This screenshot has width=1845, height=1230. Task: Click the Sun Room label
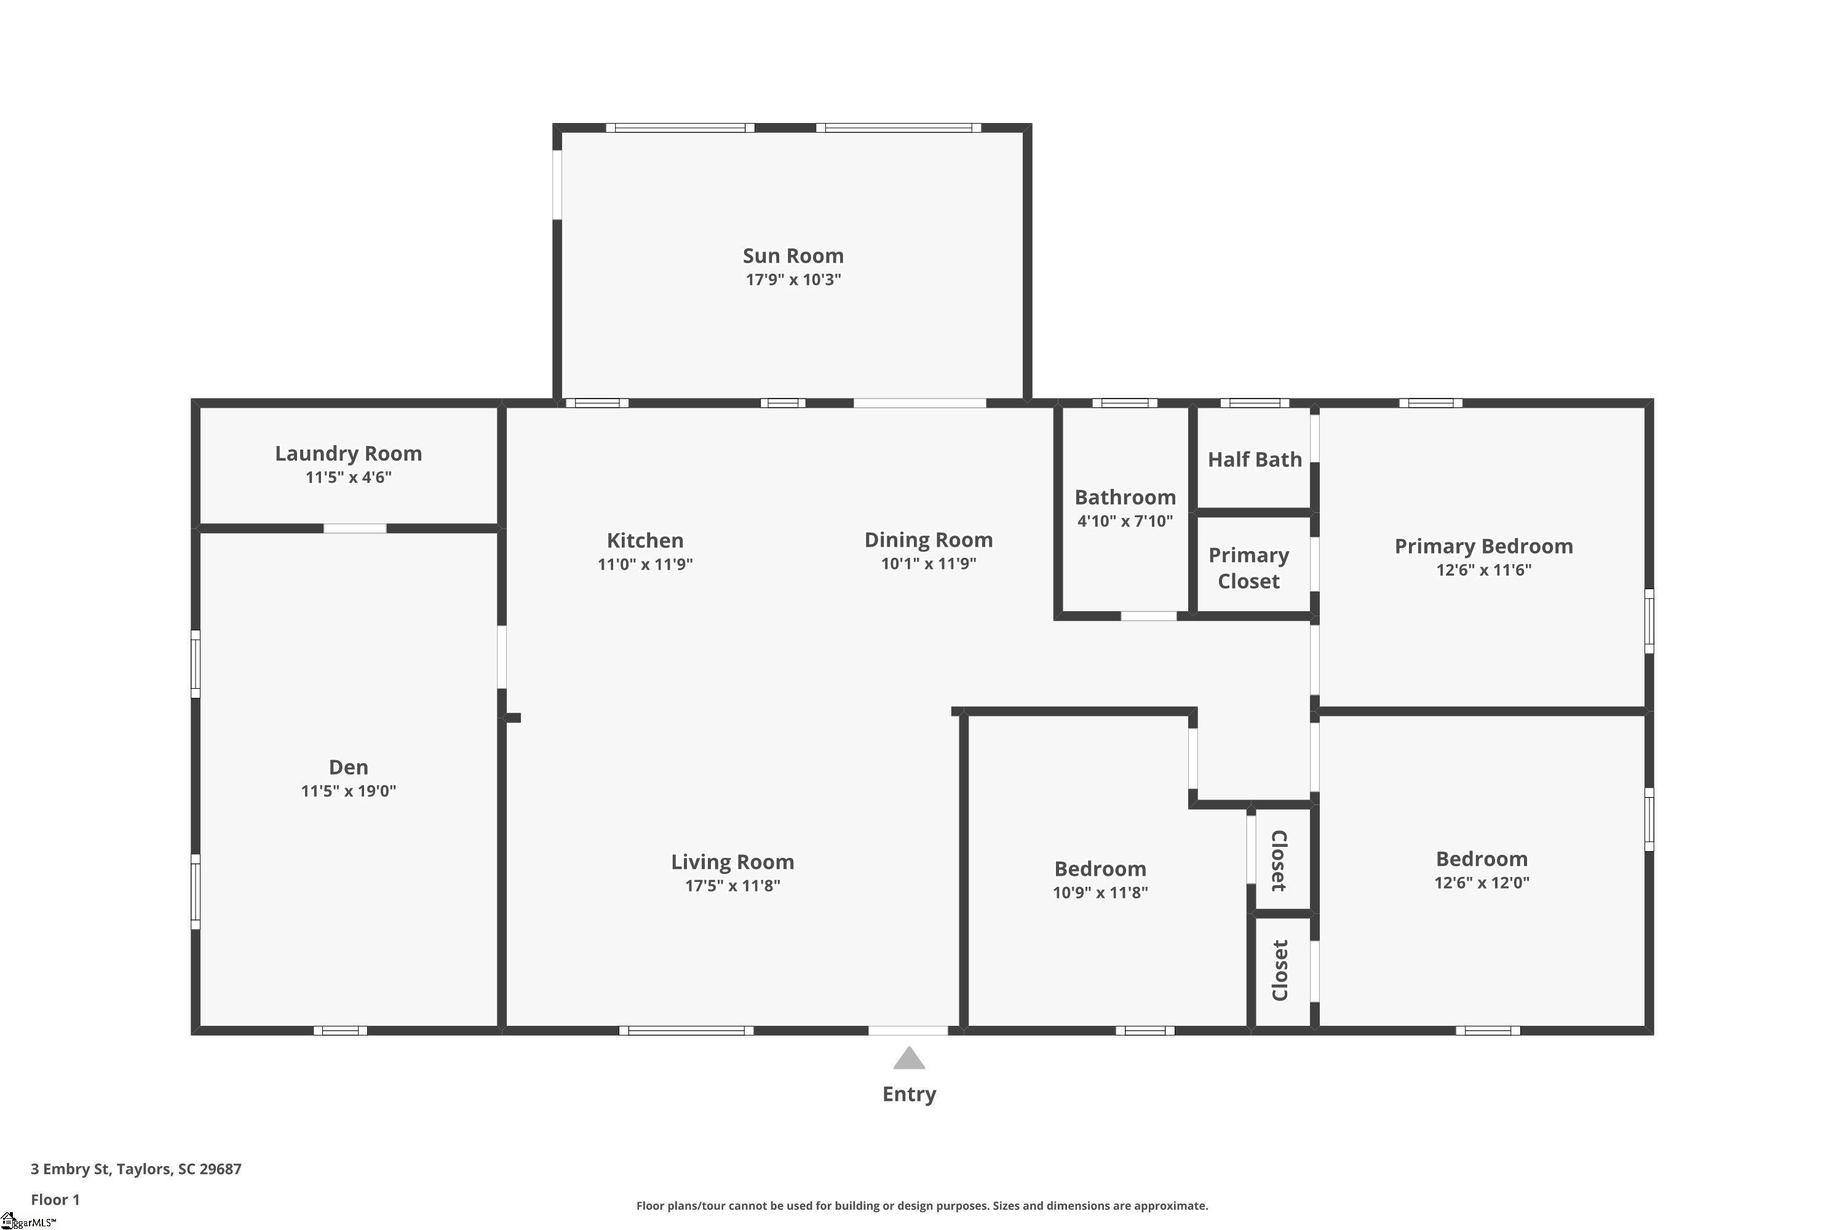coord(793,256)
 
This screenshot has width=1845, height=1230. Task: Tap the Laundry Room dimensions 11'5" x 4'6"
coord(348,477)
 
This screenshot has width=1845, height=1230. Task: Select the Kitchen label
coord(645,541)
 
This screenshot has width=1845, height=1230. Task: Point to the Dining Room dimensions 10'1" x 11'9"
coord(929,563)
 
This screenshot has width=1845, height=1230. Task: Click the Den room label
coord(348,767)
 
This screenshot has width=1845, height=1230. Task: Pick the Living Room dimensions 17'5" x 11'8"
coord(732,886)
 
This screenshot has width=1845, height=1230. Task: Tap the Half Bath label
coord(1255,459)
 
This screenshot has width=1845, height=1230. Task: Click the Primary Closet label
coord(1249,568)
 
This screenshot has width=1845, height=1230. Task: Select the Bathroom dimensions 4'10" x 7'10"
coord(1125,521)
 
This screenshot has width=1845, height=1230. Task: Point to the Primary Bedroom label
coord(1483,547)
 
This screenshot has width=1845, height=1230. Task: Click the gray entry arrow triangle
coord(909,1058)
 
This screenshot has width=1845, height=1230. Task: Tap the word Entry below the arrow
coord(909,1094)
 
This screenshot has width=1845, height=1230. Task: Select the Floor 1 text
coord(55,1199)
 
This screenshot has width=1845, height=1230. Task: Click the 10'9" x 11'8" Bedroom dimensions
coord(1100,893)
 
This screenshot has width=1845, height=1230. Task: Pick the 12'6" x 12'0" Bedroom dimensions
coord(1482,883)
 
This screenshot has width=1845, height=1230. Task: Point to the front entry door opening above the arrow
coord(908,1031)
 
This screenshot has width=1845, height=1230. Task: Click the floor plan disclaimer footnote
coord(922,1205)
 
